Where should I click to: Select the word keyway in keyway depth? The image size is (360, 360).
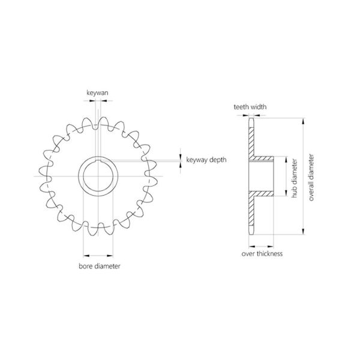click(x=197, y=160)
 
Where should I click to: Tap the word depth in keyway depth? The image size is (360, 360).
click(x=219, y=160)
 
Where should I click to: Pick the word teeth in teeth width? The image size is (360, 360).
click(x=242, y=107)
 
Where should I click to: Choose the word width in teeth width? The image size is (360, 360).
click(x=259, y=107)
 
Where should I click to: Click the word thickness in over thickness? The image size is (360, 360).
click(x=269, y=254)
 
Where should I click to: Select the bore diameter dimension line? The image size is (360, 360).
click(x=97, y=252)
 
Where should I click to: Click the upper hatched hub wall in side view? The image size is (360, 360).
click(x=263, y=160)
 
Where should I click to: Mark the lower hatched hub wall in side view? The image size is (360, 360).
click(x=263, y=195)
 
